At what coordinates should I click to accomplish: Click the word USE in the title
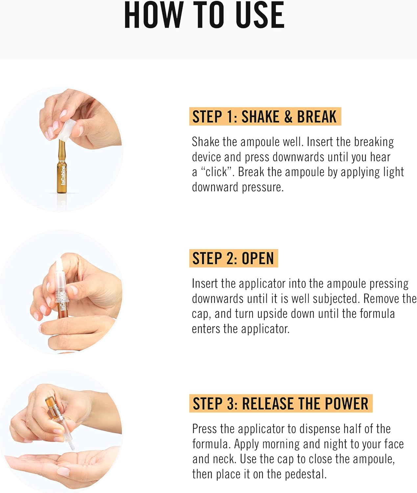(260, 15)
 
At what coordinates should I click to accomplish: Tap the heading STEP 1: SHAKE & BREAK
(265, 116)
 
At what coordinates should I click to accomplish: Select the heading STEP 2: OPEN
(233, 258)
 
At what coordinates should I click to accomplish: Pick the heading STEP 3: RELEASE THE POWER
(281, 404)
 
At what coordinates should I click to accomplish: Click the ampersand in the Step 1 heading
(288, 116)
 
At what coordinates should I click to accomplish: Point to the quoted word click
(217, 172)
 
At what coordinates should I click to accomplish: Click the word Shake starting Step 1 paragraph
(205, 142)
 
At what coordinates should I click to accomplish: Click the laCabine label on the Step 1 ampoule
(63, 175)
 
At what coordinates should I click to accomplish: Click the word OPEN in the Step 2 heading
(258, 258)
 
